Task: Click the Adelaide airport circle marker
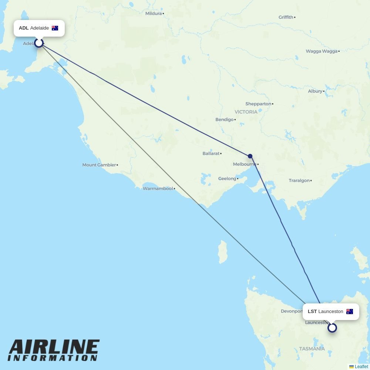tap(39, 43)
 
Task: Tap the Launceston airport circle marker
tap(332, 328)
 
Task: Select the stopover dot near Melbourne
tap(250, 156)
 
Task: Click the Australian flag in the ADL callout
tap(55, 28)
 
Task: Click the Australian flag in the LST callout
tap(350, 312)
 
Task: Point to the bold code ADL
tap(24, 28)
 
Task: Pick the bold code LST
tap(312, 312)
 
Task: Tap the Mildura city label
tap(154, 13)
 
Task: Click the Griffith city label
tap(286, 17)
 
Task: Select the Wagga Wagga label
tap(322, 51)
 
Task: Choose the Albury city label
tap(315, 91)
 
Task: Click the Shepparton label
tap(258, 104)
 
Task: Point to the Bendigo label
tap(225, 120)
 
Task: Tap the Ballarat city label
tap(211, 153)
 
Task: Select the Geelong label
tap(227, 178)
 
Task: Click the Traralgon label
tap(299, 181)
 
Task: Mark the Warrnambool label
tap(158, 189)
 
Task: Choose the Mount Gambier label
tap(99, 165)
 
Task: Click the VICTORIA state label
tap(246, 112)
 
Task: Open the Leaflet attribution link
tap(361, 367)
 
